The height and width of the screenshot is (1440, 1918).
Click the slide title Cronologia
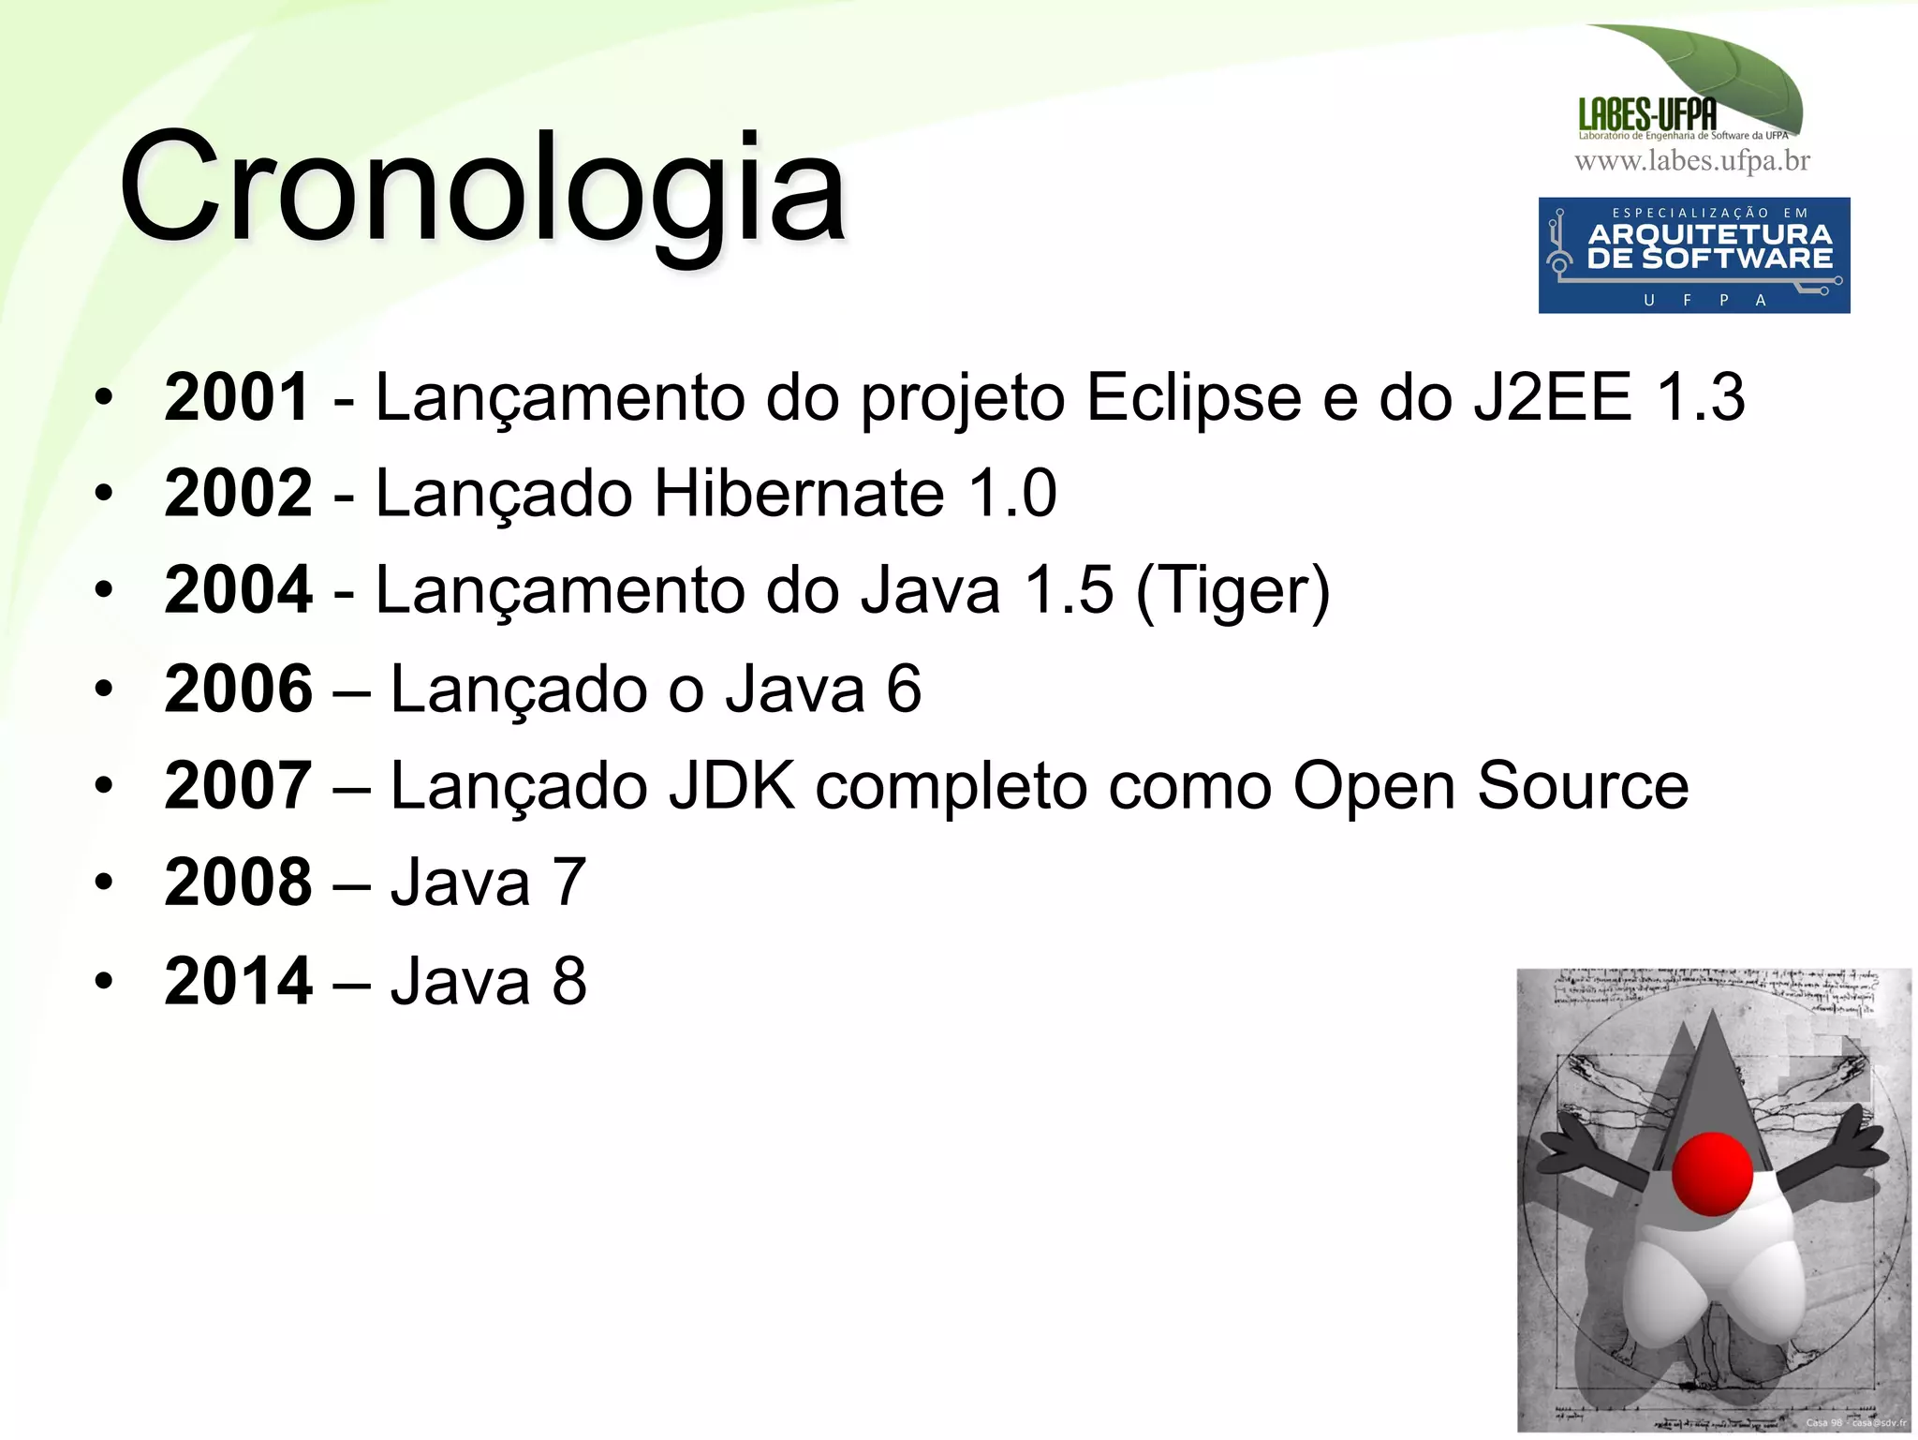[482, 187]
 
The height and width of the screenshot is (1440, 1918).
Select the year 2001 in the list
[237, 396]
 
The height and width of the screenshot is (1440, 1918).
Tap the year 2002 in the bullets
[237, 493]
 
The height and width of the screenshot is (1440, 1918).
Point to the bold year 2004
[237, 590]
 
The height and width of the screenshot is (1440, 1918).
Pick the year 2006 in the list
[237, 689]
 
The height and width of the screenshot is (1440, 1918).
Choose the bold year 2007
[237, 785]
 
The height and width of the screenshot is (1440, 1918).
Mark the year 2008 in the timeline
[237, 883]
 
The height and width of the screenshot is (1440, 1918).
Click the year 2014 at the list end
[237, 981]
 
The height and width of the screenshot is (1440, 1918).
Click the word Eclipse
[1193, 398]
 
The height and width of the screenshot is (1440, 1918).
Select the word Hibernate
[798, 493]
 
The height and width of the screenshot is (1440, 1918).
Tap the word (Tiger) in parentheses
[1232, 592]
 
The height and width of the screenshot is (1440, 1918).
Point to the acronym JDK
[730, 785]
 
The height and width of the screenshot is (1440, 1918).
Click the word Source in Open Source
[1583, 785]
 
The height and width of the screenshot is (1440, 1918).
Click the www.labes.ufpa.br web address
[1692, 161]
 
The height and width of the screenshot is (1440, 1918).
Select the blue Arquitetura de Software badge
[1694, 255]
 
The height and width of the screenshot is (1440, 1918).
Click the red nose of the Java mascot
[1712, 1173]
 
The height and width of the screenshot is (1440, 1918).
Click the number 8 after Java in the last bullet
[569, 981]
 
